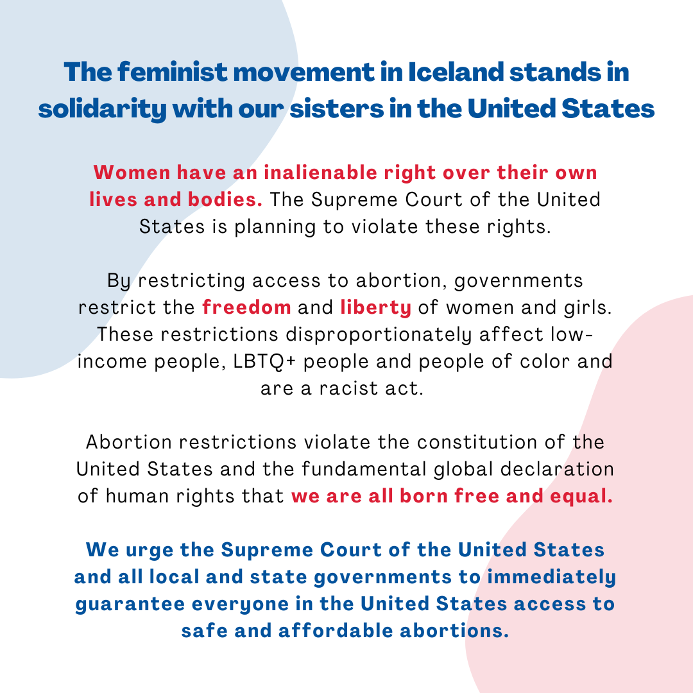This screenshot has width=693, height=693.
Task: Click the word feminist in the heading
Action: click(x=173, y=72)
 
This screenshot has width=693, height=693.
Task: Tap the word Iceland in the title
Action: click(x=456, y=72)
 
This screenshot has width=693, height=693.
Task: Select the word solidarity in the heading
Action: click(x=103, y=109)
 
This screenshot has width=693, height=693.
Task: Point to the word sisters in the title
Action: click(x=337, y=109)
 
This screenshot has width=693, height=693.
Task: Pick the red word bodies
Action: click(x=225, y=200)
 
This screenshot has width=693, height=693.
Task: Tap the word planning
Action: click(x=275, y=227)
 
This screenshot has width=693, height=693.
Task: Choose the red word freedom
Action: click(x=246, y=307)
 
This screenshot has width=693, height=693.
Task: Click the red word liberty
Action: click(x=375, y=307)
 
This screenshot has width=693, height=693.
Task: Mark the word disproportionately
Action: click(x=379, y=335)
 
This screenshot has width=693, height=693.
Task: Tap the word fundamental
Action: click(x=364, y=469)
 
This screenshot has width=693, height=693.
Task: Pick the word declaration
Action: click(x=557, y=469)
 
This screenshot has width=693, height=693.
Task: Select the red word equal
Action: click(x=581, y=497)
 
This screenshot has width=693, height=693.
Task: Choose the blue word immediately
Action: click(x=551, y=577)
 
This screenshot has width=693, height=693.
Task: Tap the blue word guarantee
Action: click(x=130, y=604)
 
